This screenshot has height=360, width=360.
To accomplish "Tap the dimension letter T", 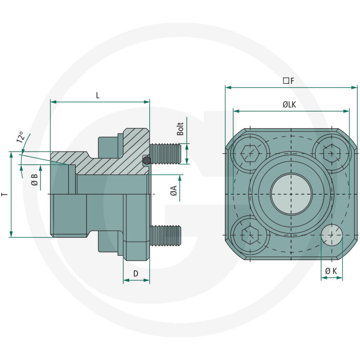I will [4, 194].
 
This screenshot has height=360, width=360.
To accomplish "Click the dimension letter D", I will [135, 273].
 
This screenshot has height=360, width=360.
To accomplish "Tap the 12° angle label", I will [21, 138].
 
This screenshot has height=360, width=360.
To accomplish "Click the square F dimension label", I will [288, 81].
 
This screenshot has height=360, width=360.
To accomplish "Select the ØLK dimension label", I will [289, 104].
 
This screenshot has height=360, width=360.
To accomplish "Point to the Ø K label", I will [331, 271].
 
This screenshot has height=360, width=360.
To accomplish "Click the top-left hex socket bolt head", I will [249, 153].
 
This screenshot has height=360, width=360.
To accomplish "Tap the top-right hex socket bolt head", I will [332, 153].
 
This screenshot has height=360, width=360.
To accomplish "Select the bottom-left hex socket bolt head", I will [249, 235].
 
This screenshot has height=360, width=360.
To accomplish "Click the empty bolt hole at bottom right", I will [332, 234].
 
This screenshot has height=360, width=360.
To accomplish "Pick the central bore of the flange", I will [291, 194].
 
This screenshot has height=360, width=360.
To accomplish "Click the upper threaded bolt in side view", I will [165, 154].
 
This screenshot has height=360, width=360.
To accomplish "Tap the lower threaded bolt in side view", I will [165, 235].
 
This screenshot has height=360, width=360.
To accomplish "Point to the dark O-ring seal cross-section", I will [146, 160].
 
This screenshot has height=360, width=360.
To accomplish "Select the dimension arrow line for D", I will [136, 280].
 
